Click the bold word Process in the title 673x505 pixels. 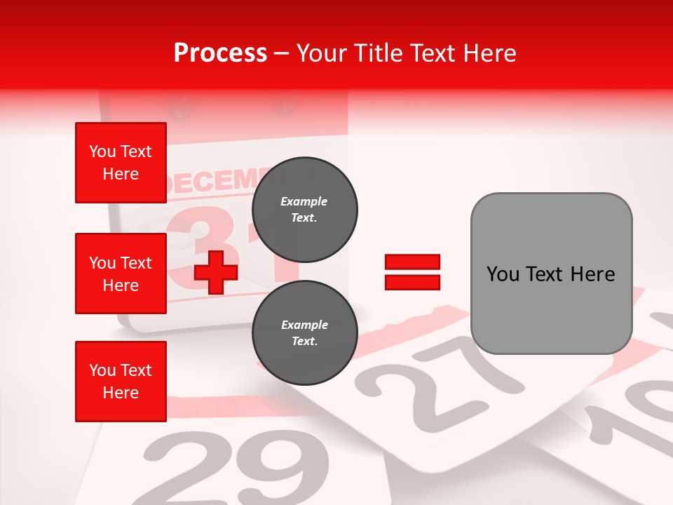click(x=220, y=53)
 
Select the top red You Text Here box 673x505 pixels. click(x=121, y=163)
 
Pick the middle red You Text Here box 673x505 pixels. click(x=121, y=274)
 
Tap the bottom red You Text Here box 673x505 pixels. click(x=121, y=382)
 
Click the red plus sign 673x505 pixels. click(x=216, y=272)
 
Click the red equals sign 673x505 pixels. click(x=412, y=272)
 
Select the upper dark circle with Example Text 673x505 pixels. click(x=305, y=210)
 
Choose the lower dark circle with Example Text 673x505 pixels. click(x=305, y=333)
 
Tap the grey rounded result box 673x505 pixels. click(x=551, y=274)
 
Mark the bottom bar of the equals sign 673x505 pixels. click(x=412, y=282)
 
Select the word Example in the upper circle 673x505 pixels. click(x=304, y=201)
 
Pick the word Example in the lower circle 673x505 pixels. click(x=304, y=325)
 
